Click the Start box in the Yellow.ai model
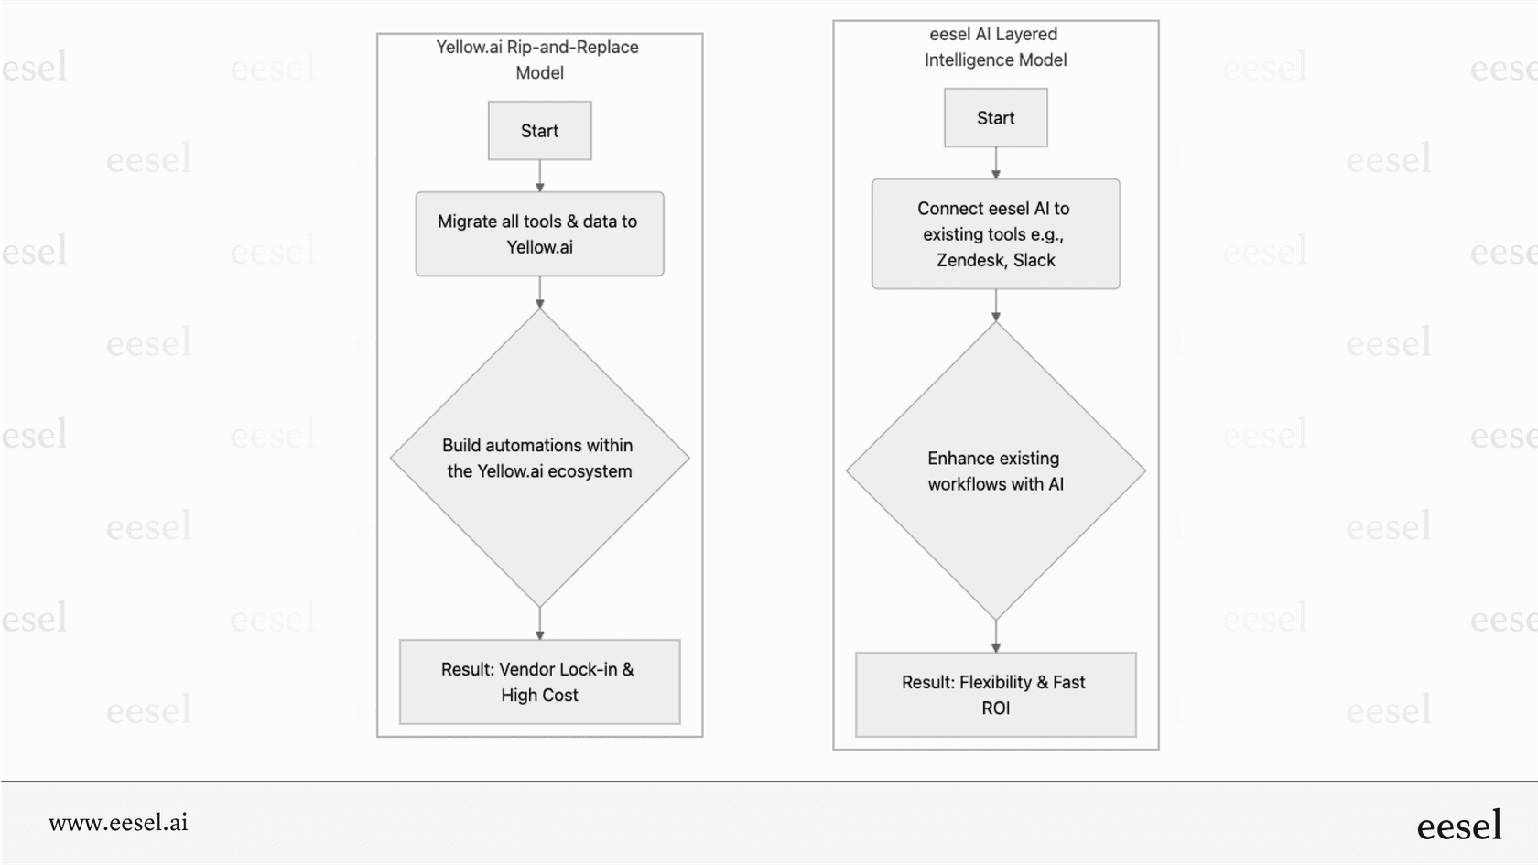[x=539, y=131]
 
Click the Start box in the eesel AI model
[x=995, y=118]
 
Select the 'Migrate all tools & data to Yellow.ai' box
[x=539, y=234]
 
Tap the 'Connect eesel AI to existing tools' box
[x=995, y=234]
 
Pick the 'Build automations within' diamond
[x=539, y=458]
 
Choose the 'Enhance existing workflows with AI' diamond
[x=995, y=470]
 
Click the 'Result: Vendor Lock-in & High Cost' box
[x=539, y=682]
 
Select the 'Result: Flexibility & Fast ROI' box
[x=995, y=695]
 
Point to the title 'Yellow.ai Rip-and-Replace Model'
[x=538, y=59]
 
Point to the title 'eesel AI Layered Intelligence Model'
[x=995, y=47]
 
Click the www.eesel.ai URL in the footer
[x=118, y=823]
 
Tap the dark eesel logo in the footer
[x=1458, y=826]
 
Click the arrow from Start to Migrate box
[x=539, y=176]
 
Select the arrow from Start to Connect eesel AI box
[x=995, y=163]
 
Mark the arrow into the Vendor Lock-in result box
[x=539, y=623]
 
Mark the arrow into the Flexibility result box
[x=995, y=636]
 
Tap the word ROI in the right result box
[x=995, y=708]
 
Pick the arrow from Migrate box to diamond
[x=539, y=293]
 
